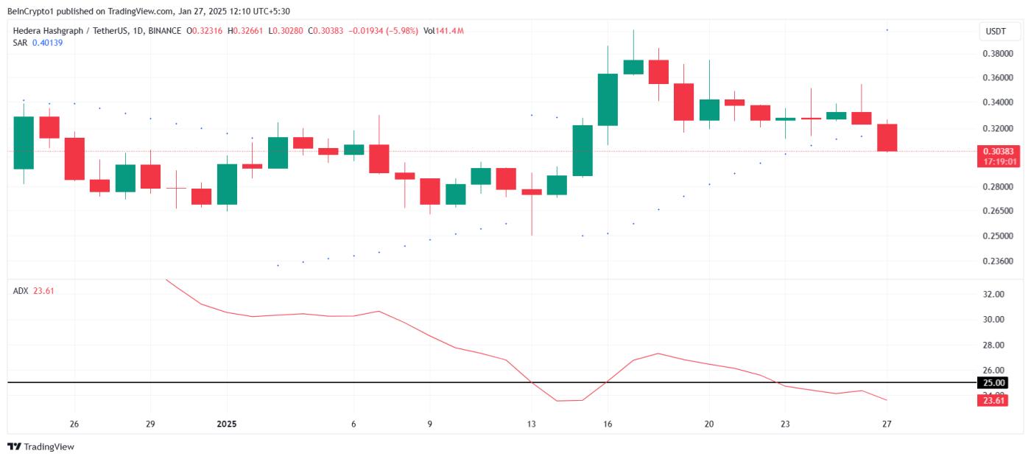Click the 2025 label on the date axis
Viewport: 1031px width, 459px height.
227,424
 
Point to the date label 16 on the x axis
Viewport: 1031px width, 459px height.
608,424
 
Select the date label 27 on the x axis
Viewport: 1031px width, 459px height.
887,424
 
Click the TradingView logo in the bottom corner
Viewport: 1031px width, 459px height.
41,446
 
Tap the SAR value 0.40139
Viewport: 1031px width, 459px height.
47,43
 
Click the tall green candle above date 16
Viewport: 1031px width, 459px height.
608,99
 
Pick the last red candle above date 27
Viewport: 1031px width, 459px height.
887,138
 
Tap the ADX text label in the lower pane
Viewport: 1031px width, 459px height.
21,291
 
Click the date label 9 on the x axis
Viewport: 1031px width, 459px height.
429,424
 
